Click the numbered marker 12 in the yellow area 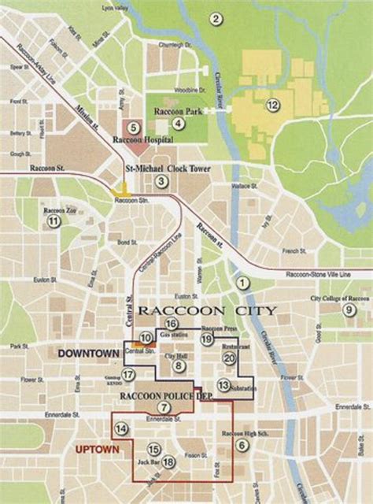pos(272,105)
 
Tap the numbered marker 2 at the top pos(214,18)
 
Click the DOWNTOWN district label pos(87,354)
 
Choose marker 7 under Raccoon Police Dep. pos(163,407)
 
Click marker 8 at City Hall pos(179,365)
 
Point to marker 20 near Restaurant pos(229,358)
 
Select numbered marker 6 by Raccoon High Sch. pos(242,446)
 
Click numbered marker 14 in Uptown pos(121,429)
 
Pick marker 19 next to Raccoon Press pos(207,339)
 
